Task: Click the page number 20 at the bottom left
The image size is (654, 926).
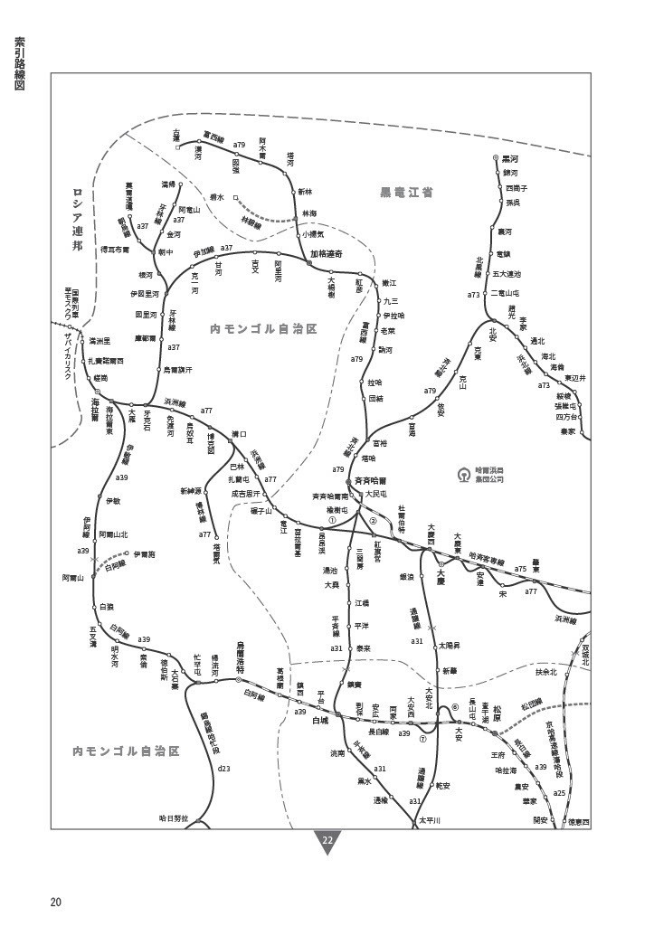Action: coord(56,902)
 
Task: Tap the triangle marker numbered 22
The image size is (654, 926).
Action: coord(327,841)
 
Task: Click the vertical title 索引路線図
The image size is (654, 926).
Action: coord(19,64)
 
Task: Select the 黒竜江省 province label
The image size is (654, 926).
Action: coord(405,193)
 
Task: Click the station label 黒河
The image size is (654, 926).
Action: coord(510,158)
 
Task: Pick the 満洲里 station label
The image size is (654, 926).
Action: coord(99,341)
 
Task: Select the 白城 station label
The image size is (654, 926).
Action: coord(320,721)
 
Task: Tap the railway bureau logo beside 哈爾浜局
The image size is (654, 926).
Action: coord(462,473)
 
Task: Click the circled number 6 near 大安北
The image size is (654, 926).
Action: coord(455,708)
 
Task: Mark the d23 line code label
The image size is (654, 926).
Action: coord(224,769)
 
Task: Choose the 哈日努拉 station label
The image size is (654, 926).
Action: coord(172,818)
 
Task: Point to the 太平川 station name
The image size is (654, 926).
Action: coord(429,822)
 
